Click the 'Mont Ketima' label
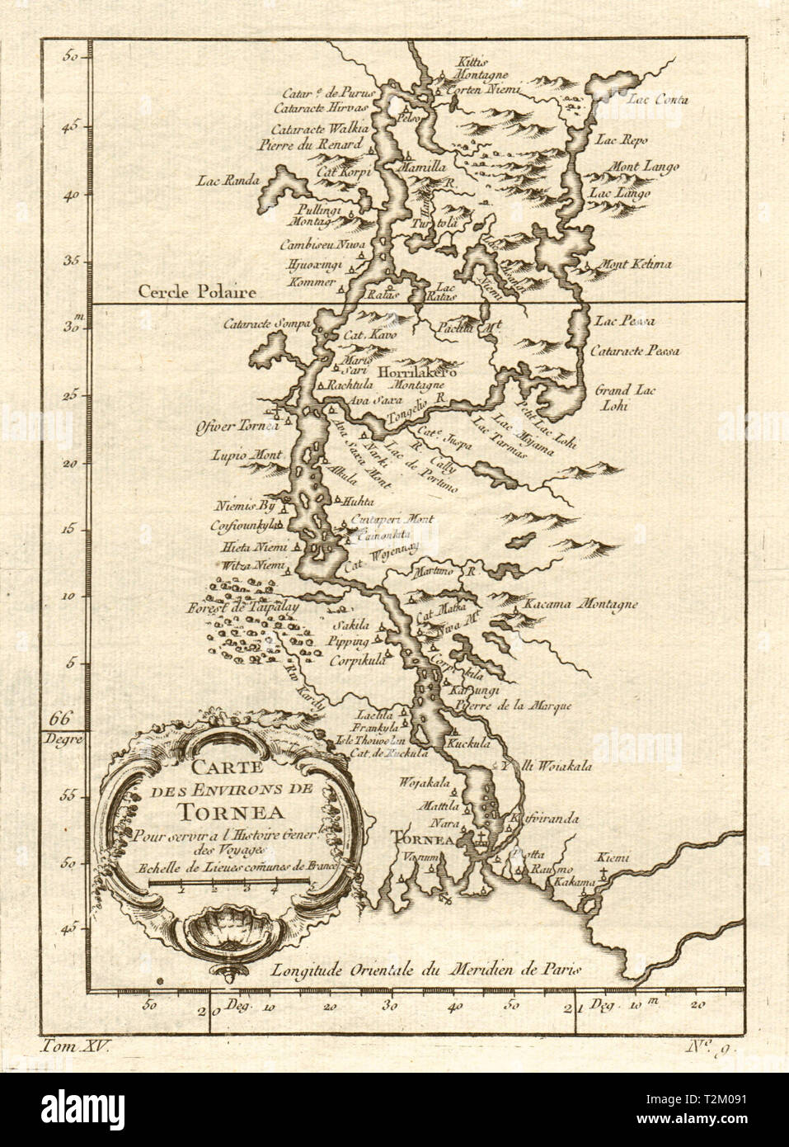coord(638,265)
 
